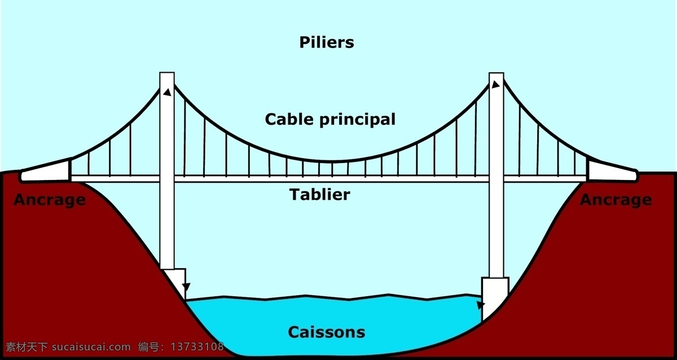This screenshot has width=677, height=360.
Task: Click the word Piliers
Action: [x=327, y=43]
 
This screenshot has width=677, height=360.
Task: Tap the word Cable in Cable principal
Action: [x=289, y=119]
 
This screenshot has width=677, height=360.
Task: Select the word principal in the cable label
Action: [x=357, y=120]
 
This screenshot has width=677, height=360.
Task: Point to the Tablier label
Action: [x=320, y=194]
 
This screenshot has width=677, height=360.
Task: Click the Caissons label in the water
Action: [x=327, y=332]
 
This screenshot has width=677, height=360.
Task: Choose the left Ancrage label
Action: [x=50, y=200]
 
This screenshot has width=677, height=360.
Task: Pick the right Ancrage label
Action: [x=616, y=200]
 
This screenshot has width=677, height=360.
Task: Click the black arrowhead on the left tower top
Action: [x=168, y=92]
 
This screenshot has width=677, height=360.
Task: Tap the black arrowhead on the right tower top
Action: [x=495, y=84]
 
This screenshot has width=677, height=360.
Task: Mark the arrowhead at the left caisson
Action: [x=187, y=287]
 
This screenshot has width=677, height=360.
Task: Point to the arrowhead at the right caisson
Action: [x=481, y=305]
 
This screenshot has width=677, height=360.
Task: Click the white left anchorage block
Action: [x=45, y=172]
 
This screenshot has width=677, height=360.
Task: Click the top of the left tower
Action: [x=167, y=73]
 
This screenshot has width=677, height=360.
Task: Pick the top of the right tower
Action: [x=496, y=73]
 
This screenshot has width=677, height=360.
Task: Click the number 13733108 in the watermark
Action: [x=197, y=346]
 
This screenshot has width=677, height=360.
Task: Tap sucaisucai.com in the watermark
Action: [x=91, y=346]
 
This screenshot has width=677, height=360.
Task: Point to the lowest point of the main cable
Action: [x=331, y=162]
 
